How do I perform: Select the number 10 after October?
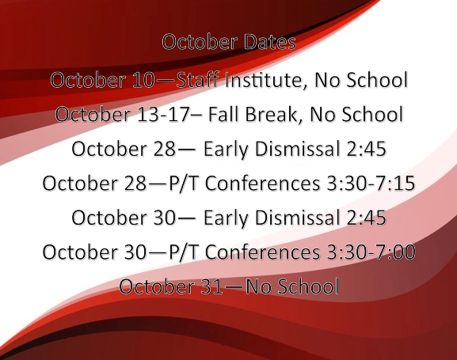coord(139,80)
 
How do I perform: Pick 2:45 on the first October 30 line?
coord(364,218)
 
